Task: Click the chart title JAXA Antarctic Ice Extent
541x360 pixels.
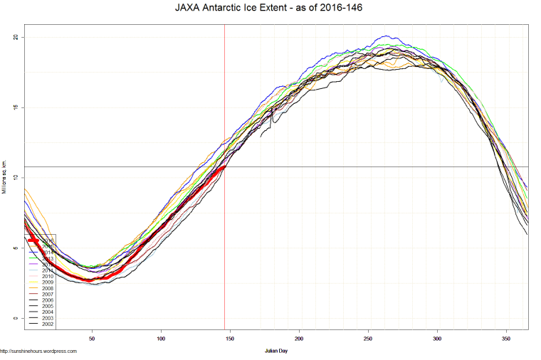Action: (270, 8)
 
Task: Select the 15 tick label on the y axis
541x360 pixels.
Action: (16, 107)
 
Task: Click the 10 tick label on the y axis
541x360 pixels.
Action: (16, 178)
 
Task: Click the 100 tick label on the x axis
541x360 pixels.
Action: (161, 339)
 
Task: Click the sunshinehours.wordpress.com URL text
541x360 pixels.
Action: (39, 351)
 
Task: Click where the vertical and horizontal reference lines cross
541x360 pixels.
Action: (225, 166)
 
